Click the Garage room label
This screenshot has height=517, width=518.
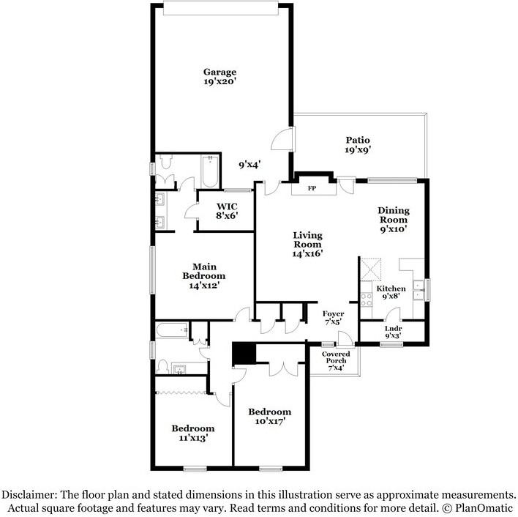pyautogui.click(x=219, y=77)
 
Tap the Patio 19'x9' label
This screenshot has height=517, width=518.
pyautogui.click(x=358, y=144)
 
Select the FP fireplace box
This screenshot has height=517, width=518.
pyautogui.click(x=310, y=188)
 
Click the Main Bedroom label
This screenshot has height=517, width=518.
pyautogui.click(x=203, y=275)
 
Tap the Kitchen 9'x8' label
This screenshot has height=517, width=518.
pyautogui.click(x=391, y=293)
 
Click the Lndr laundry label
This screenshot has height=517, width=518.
pyautogui.click(x=393, y=332)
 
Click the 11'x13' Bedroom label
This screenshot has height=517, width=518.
pyautogui.click(x=192, y=433)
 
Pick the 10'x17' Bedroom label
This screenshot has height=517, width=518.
pyautogui.click(x=269, y=416)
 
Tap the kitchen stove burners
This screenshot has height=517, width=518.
pyautogui.click(x=367, y=299)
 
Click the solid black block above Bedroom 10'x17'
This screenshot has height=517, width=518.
pyautogui.click(x=244, y=354)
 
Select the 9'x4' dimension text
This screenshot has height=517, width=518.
pyautogui.click(x=250, y=165)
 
